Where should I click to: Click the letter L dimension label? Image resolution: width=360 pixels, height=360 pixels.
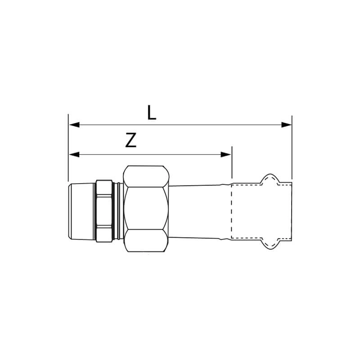point(152,113)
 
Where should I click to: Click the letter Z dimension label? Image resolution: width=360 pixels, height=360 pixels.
point(131,140)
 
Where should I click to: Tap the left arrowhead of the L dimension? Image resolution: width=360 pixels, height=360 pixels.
point(74,125)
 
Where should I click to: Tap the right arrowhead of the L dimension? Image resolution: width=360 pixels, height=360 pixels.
point(286,125)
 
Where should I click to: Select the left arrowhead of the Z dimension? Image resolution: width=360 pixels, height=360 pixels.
point(74,154)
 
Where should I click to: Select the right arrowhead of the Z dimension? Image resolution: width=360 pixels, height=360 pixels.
point(226,154)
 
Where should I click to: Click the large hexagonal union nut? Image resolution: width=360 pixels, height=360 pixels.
point(146,209)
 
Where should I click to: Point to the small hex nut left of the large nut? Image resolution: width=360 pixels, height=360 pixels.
point(104,211)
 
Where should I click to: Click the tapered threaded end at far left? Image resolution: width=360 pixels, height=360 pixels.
point(81,211)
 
